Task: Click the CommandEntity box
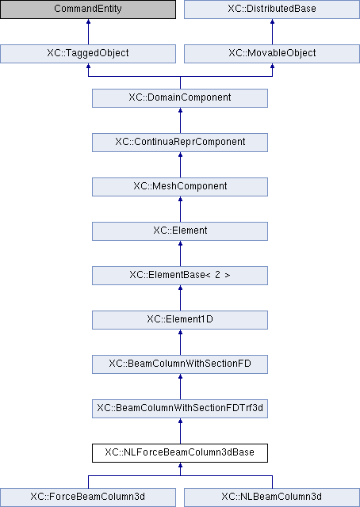click(x=88, y=9)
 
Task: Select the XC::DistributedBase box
click(x=272, y=9)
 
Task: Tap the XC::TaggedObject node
click(x=88, y=53)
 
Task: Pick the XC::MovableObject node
click(x=272, y=53)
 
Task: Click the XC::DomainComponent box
click(x=180, y=98)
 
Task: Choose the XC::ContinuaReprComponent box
click(x=180, y=143)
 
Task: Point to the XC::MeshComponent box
click(x=180, y=187)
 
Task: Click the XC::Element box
click(x=180, y=231)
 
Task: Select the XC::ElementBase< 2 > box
click(x=180, y=276)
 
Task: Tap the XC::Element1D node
click(x=180, y=320)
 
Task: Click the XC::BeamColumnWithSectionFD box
click(x=180, y=364)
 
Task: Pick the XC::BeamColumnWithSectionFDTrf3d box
click(x=180, y=409)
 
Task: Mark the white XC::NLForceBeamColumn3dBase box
click(x=180, y=453)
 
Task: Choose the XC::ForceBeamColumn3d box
click(x=88, y=497)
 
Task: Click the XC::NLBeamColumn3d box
click(x=272, y=497)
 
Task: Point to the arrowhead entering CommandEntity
click(x=88, y=21)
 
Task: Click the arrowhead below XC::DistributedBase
click(x=272, y=21)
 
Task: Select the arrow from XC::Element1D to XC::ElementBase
click(x=180, y=298)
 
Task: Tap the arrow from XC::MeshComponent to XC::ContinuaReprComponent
click(x=180, y=165)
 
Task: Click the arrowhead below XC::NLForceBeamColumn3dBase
click(x=180, y=465)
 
